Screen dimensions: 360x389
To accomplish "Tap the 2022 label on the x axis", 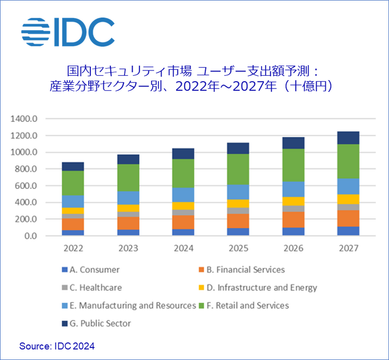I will coord(73,248).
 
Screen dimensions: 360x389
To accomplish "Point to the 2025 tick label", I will coord(238,248).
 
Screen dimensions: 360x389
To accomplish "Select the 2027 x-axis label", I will coord(349,248).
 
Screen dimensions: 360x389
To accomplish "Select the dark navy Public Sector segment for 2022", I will coord(73,166).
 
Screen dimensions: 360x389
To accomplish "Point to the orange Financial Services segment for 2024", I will coord(183,222).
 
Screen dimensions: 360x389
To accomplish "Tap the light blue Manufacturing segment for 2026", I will coord(293,189).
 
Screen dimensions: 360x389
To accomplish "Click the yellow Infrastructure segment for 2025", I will coord(238,204).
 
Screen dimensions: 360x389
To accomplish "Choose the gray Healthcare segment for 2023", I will coord(128,214).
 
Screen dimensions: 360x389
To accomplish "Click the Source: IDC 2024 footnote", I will coord(57,346).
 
